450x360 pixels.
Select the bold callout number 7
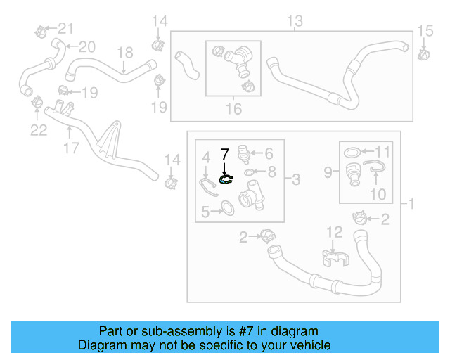tap(225, 153)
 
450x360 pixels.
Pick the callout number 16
tap(233, 108)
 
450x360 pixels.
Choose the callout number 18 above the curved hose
tap(124, 52)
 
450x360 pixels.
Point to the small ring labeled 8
tap(250, 172)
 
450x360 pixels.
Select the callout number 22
tap(38, 129)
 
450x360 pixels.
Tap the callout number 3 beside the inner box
tap(295, 181)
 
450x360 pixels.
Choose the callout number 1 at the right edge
tap(411, 204)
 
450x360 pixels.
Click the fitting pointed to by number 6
tap(244, 153)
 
